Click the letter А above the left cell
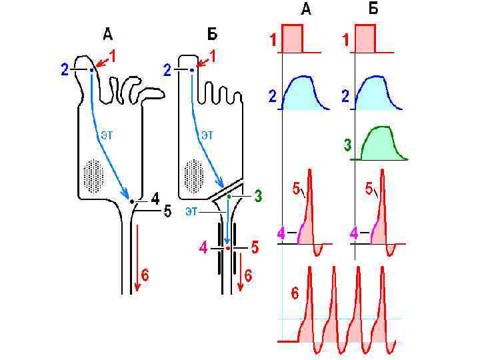(107, 33)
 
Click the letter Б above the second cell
(213, 33)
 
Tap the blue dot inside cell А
(91, 69)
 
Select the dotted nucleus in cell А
(93, 175)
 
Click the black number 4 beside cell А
(155, 198)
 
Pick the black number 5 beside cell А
(167, 212)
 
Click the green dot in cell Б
(229, 197)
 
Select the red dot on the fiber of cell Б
(227, 248)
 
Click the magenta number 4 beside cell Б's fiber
(203, 249)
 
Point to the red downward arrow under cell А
(137, 257)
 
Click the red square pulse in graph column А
(293, 39)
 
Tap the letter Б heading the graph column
(373, 9)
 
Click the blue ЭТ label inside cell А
(106, 134)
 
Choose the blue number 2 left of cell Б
(167, 70)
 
